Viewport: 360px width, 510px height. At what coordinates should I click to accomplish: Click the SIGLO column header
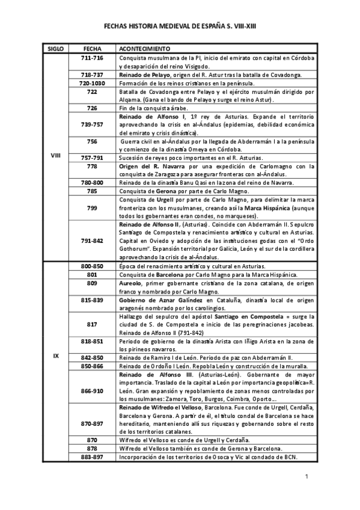[56, 47]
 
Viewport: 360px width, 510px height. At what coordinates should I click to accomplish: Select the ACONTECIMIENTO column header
[144, 47]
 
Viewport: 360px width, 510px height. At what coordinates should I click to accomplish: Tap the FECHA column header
[92, 47]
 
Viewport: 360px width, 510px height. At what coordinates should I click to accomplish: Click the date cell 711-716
[92, 57]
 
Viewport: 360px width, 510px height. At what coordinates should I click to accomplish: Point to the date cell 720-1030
[92, 82]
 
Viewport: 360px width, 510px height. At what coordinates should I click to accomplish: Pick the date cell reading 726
[92, 108]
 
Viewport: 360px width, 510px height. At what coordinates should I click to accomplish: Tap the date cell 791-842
[92, 240]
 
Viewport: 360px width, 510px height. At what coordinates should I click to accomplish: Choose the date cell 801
[92, 274]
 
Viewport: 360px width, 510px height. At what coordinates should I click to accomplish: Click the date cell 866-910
[92, 390]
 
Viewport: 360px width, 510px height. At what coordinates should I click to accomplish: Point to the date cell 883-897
[92, 456]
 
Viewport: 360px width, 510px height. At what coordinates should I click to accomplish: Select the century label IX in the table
[56, 356]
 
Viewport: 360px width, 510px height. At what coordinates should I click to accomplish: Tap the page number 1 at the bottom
[306, 477]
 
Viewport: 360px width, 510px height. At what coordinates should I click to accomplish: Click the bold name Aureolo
[133, 282]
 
